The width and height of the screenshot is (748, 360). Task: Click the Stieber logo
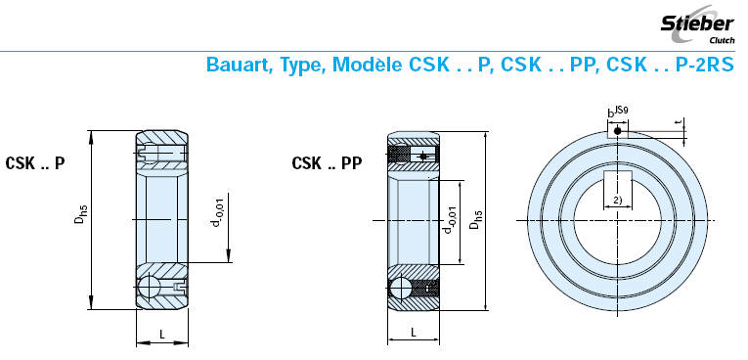697,23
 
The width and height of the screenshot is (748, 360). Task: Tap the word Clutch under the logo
723,40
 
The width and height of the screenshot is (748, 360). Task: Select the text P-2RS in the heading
705,65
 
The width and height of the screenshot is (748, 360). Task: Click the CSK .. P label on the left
35,163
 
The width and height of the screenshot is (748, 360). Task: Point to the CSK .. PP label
327,163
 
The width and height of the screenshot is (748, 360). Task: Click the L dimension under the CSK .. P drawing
161,335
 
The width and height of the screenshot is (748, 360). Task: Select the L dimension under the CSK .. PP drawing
414,333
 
